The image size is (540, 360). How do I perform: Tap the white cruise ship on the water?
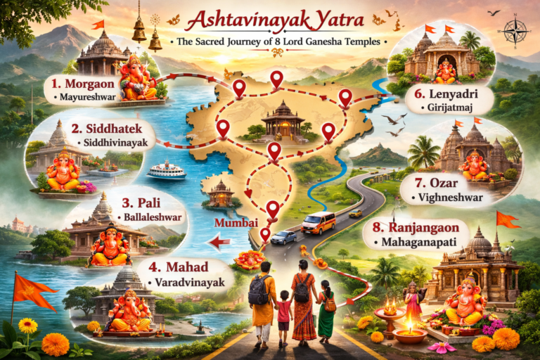pyautogui.click(x=166, y=170)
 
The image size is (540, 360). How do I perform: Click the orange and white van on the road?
pyautogui.click(x=319, y=223)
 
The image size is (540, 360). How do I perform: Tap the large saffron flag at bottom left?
pyautogui.click(x=32, y=288)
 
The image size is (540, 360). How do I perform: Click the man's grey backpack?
pyautogui.click(x=259, y=290)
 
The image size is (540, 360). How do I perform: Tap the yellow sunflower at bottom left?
pyautogui.click(x=27, y=326)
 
